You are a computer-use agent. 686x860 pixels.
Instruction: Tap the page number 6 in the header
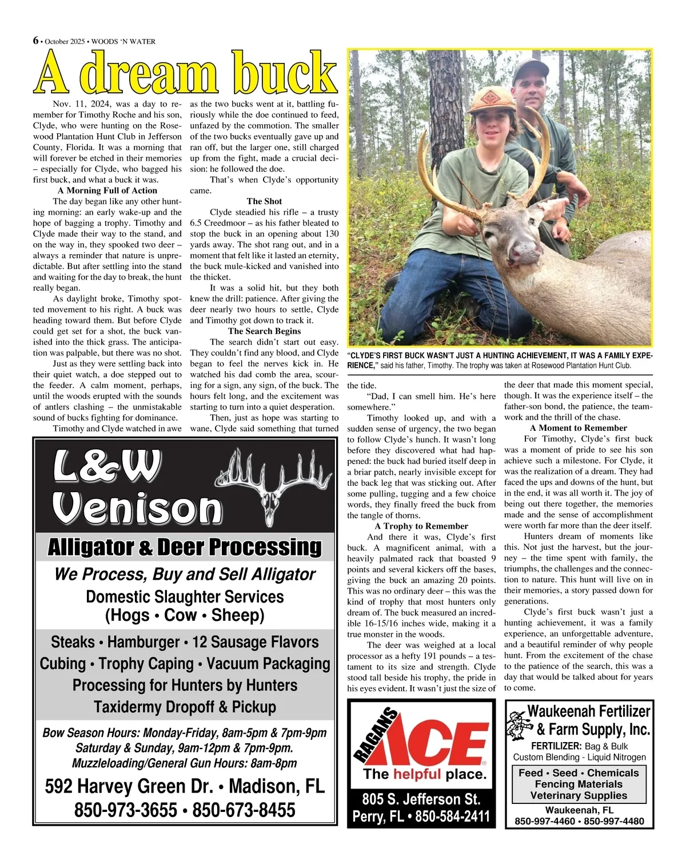click(x=36, y=41)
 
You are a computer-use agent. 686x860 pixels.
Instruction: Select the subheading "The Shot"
click(x=264, y=201)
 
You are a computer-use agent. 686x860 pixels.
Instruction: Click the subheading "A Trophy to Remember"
click(x=421, y=526)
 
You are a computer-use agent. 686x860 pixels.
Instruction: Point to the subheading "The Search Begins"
click(x=264, y=331)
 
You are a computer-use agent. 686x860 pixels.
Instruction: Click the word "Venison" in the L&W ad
click(x=137, y=508)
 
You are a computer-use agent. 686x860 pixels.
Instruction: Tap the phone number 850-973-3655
click(x=126, y=810)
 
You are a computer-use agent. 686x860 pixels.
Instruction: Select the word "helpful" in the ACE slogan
click(x=417, y=775)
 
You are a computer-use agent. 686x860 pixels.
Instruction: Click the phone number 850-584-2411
click(x=452, y=816)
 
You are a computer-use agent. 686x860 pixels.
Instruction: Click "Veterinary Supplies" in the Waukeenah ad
click(x=579, y=795)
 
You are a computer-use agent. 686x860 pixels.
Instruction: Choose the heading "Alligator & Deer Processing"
click(x=185, y=548)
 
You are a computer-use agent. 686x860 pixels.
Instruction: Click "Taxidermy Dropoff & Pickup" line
click(x=185, y=707)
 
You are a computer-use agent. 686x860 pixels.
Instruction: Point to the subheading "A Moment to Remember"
click(x=578, y=428)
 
